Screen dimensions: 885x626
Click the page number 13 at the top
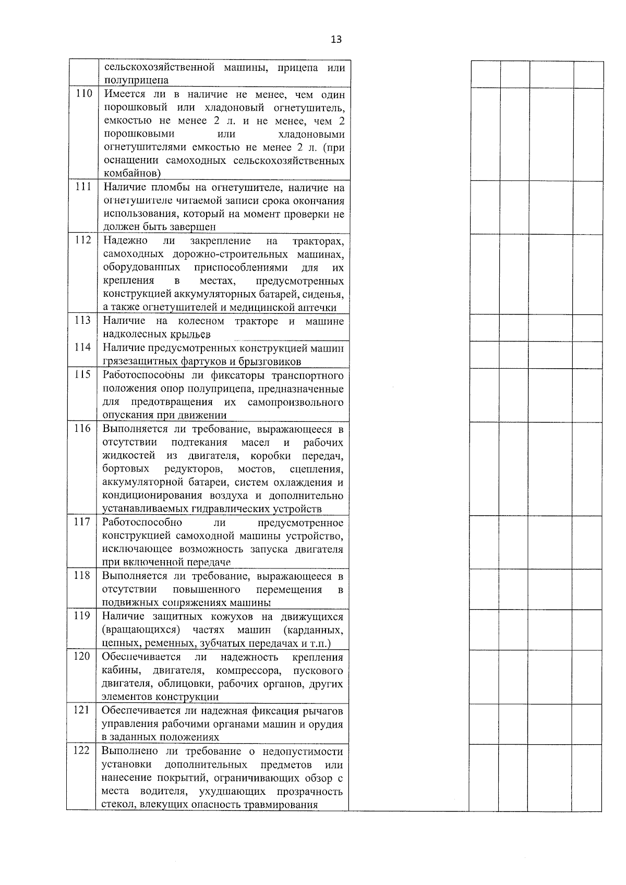(x=336, y=40)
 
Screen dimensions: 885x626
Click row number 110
(x=83, y=94)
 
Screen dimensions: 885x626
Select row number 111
(x=83, y=187)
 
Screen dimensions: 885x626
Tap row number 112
(x=83, y=240)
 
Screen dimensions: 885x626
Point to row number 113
(x=83, y=320)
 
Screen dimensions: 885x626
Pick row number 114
(x=83, y=347)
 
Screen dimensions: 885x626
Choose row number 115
(x=82, y=374)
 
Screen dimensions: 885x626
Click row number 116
(x=82, y=429)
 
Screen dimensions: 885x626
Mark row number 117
(x=82, y=522)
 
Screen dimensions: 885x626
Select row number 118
(x=82, y=575)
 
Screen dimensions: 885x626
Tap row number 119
(x=82, y=616)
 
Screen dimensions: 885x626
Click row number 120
(x=82, y=656)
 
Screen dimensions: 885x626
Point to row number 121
(x=81, y=710)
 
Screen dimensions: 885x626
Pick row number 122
(x=81, y=750)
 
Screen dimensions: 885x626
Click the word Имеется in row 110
(x=123, y=94)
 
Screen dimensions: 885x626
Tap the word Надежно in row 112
(x=125, y=241)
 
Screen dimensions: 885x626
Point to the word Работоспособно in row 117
(x=142, y=523)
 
